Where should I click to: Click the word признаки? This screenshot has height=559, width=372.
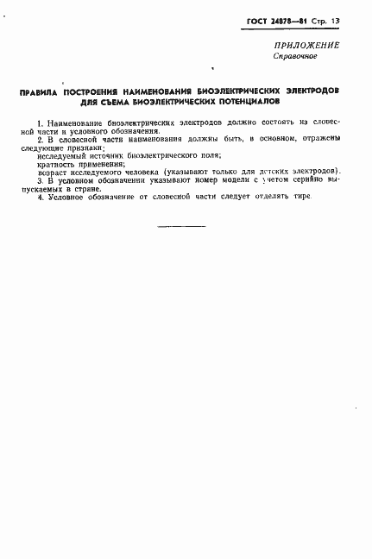(x=79, y=146)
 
